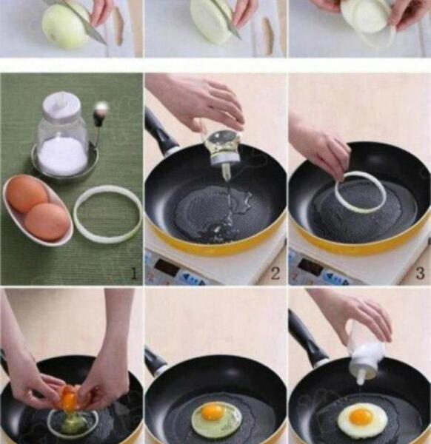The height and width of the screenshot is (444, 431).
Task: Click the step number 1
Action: tap(134, 274)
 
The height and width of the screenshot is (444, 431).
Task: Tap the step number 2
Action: tap(275, 274)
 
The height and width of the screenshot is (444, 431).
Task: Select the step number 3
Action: tap(420, 274)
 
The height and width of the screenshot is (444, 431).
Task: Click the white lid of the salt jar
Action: tap(61, 103)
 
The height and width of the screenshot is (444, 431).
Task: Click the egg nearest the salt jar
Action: tap(27, 193)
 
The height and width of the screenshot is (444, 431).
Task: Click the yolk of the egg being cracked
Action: tap(69, 400)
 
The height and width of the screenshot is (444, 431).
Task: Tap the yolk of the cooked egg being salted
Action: tap(361, 416)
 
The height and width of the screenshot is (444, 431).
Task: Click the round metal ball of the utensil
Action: tap(102, 107)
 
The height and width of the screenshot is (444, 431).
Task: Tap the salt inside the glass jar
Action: tap(63, 155)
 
